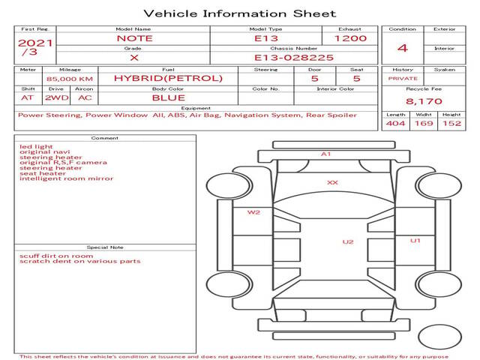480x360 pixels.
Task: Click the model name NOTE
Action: tap(135, 38)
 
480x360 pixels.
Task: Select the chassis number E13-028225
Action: tap(294, 58)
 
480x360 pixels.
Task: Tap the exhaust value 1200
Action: tap(350, 38)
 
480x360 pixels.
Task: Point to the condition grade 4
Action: tap(403, 48)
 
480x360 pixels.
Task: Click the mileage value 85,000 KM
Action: tap(70, 79)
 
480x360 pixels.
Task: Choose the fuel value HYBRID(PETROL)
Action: tap(168, 78)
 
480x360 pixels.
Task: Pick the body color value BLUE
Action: tap(169, 98)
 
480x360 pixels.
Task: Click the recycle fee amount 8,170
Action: tap(424, 101)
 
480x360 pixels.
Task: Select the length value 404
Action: tap(395, 123)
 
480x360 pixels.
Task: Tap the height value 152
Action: tap(451, 123)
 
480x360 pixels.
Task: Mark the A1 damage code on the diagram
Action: tap(325, 154)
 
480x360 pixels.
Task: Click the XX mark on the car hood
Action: tap(332, 183)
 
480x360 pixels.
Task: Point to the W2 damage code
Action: tap(253, 212)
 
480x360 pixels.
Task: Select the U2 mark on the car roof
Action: tap(348, 241)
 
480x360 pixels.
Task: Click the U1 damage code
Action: tap(415, 241)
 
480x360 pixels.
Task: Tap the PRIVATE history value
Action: tap(403, 79)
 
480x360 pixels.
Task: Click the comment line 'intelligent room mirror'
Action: tap(67, 178)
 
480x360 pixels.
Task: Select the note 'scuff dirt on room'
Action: tap(56, 256)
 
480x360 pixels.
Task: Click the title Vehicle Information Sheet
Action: tap(240, 13)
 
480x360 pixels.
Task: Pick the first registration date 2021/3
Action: tap(35, 46)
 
